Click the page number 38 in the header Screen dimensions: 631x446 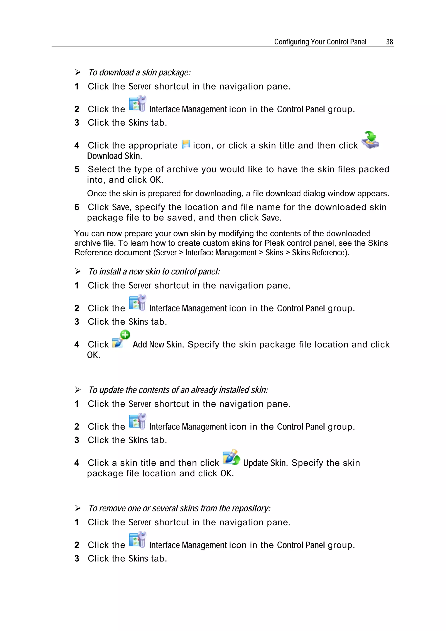coord(389,42)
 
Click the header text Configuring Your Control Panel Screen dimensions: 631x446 coord(320,42)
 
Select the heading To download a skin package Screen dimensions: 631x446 coord(139,73)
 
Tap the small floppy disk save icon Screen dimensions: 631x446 coord(186,144)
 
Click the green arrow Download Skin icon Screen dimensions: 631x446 coord(370,140)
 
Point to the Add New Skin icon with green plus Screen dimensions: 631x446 coord(121,339)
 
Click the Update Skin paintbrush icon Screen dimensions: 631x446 coord(231,457)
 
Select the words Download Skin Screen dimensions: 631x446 coord(114,156)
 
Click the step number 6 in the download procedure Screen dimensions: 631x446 coord(77,207)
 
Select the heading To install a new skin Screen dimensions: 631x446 coord(154,272)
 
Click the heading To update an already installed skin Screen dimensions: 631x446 coord(178,390)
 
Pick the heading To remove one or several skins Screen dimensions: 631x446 coord(179,508)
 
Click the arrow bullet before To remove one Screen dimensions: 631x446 coord(78,508)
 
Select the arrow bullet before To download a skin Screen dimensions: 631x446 coord(78,73)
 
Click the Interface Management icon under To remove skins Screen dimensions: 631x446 coord(137,540)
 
